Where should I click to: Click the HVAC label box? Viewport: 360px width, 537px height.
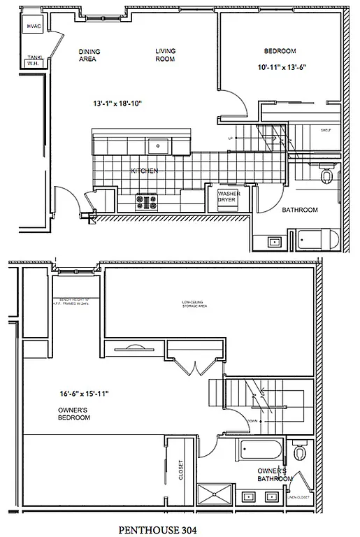tap(33, 27)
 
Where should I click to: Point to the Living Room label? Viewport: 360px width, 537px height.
tap(165, 55)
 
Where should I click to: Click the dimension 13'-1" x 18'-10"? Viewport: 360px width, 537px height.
tap(117, 103)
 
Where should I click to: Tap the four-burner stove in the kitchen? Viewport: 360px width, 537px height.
tap(146, 201)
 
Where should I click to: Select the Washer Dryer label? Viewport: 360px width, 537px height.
tap(228, 196)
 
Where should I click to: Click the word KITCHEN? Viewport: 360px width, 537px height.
tap(144, 171)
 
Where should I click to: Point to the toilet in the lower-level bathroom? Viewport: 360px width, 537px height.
tap(326, 178)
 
